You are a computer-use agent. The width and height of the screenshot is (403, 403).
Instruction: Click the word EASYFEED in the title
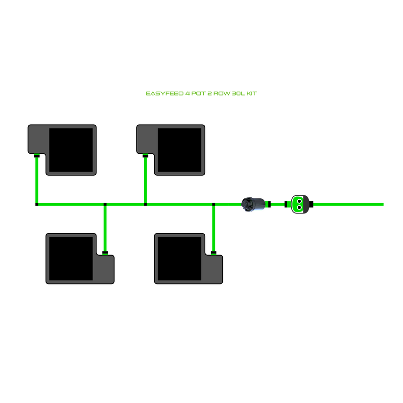[x=164, y=93]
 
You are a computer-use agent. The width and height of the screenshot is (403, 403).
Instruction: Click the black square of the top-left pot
[x=71, y=150]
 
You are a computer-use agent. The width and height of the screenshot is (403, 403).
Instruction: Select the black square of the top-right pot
[x=180, y=150]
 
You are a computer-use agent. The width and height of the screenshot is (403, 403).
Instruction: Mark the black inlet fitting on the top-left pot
[x=37, y=156]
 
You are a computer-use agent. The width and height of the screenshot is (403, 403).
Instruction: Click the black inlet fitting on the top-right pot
[x=145, y=156]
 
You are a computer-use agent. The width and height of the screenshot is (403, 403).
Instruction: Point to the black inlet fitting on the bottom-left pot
[x=105, y=253]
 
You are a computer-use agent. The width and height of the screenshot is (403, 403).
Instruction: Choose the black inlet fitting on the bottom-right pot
[x=213, y=253]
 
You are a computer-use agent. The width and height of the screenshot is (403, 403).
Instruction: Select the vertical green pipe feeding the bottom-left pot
[x=105, y=228]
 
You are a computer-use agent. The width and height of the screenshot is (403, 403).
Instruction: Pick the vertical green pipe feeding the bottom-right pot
[x=213, y=228]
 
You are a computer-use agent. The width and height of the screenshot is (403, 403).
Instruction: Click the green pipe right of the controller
[x=348, y=204]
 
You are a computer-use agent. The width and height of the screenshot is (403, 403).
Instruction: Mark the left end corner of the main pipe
[x=37, y=204]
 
